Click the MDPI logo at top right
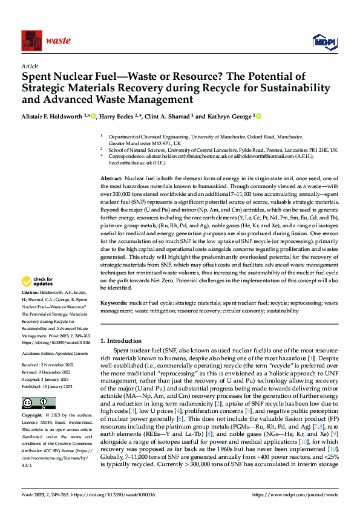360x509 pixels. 324,41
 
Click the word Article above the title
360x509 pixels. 30,66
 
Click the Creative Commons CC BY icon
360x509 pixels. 39,403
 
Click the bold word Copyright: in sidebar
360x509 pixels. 33,416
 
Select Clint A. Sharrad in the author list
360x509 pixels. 172,116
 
